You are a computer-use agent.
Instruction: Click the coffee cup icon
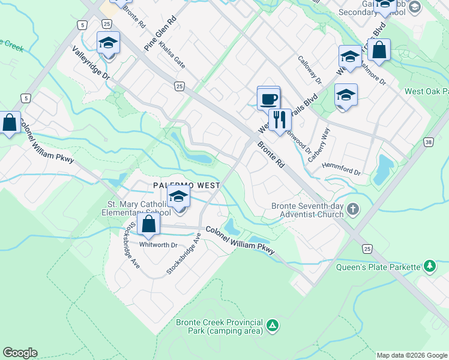pos(269,98)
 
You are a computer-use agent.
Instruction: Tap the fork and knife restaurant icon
pos(280,120)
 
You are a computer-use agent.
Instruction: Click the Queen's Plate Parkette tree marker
pos(430,265)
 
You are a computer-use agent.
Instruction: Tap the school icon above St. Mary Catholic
pos(178,196)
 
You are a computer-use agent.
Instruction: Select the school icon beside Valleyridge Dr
pos(109,43)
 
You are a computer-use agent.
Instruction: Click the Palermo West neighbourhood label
pos(186,186)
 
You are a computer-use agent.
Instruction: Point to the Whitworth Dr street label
pos(158,245)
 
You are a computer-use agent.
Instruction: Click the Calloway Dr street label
pos(310,70)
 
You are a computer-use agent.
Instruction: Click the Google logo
pos(20,353)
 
